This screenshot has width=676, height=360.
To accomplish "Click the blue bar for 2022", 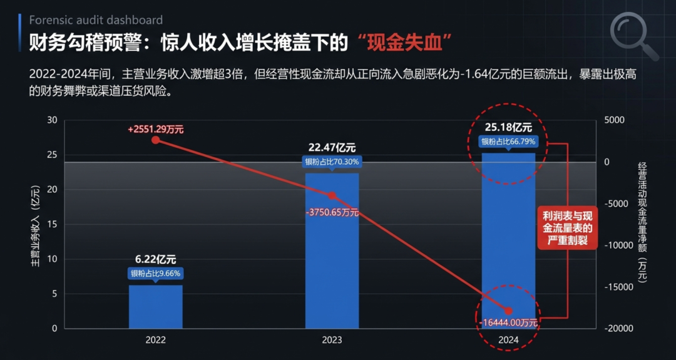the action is (x=156, y=307).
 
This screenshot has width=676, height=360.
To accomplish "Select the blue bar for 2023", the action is (x=332, y=251).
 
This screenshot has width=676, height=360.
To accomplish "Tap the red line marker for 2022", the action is (x=156, y=140).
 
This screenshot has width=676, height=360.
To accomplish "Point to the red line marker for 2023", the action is (x=332, y=196).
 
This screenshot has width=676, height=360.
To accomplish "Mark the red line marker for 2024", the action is (x=508, y=311).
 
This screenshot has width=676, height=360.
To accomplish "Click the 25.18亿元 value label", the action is (x=508, y=128).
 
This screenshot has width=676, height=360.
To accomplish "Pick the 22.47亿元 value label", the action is (x=332, y=148).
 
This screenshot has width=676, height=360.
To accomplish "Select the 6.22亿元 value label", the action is (x=156, y=260).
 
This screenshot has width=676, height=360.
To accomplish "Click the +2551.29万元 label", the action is (x=156, y=130).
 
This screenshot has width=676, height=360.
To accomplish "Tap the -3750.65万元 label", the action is (x=332, y=212).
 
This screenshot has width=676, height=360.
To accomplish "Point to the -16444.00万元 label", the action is (x=508, y=322).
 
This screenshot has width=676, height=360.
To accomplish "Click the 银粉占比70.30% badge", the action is (x=332, y=163).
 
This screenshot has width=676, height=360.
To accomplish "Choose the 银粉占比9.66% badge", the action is (x=156, y=274).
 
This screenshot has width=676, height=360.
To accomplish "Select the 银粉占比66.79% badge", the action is (x=508, y=141).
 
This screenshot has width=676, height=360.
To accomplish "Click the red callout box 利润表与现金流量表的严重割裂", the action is (x=567, y=227).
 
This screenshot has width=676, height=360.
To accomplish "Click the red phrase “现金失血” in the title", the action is (x=406, y=44).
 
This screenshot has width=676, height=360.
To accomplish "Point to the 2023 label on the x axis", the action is (x=332, y=340).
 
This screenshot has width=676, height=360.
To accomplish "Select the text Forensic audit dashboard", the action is (x=96, y=20).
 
